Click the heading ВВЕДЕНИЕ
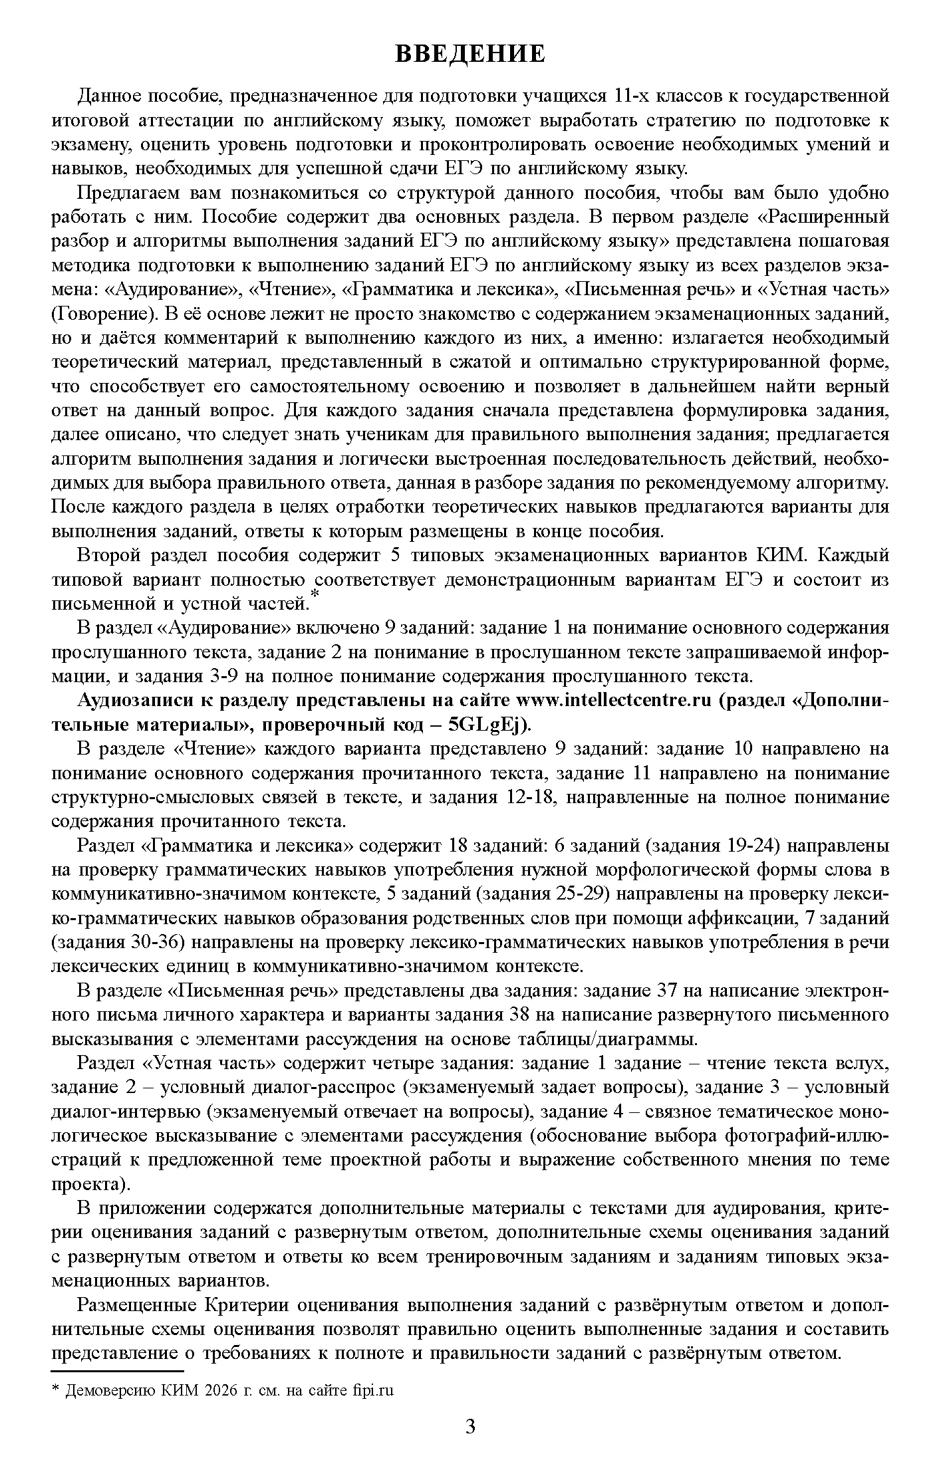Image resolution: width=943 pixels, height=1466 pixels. (x=470, y=53)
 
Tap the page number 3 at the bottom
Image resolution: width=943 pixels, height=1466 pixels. (x=471, y=1426)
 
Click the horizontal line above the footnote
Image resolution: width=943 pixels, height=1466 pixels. (x=117, y=1371)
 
